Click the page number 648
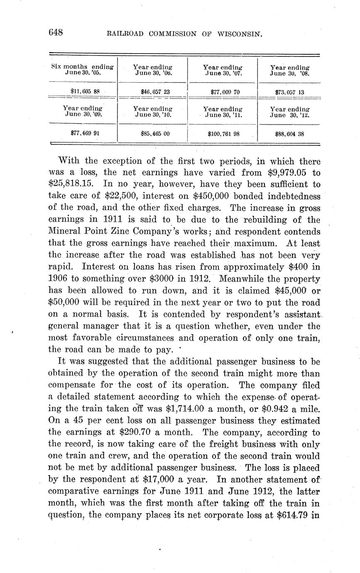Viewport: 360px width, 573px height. click(55, 32)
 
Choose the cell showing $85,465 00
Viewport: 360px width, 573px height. click(153, 134)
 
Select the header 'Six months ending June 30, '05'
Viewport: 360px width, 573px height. click(83, 69)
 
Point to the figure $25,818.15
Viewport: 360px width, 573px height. click(72, 184)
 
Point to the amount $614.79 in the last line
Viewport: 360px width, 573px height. click(294, 515)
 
